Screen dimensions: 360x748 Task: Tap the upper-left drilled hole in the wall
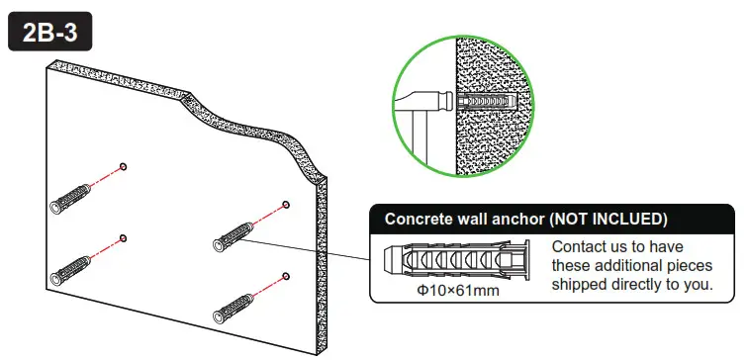[122, 166]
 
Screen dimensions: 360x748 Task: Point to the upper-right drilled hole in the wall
[285, 205]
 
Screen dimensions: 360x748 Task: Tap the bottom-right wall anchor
[237, 305]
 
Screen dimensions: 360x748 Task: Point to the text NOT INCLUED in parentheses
[608, 219]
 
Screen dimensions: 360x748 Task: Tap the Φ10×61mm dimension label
[458, 292]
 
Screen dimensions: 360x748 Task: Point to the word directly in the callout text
[643, 285]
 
